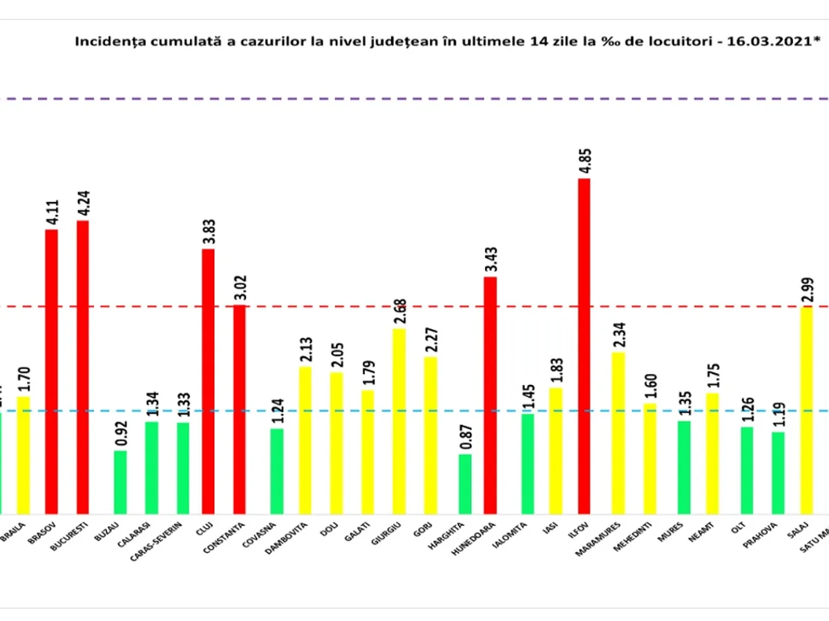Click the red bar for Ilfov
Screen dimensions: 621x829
(x=584, y=345)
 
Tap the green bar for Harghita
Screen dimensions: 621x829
(x=465, y=484)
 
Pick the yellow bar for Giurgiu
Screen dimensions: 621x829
(x=399, y=421)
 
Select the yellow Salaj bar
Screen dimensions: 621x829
(x=806, y=410)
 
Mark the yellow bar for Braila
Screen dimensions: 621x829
(x=23, y=455)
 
